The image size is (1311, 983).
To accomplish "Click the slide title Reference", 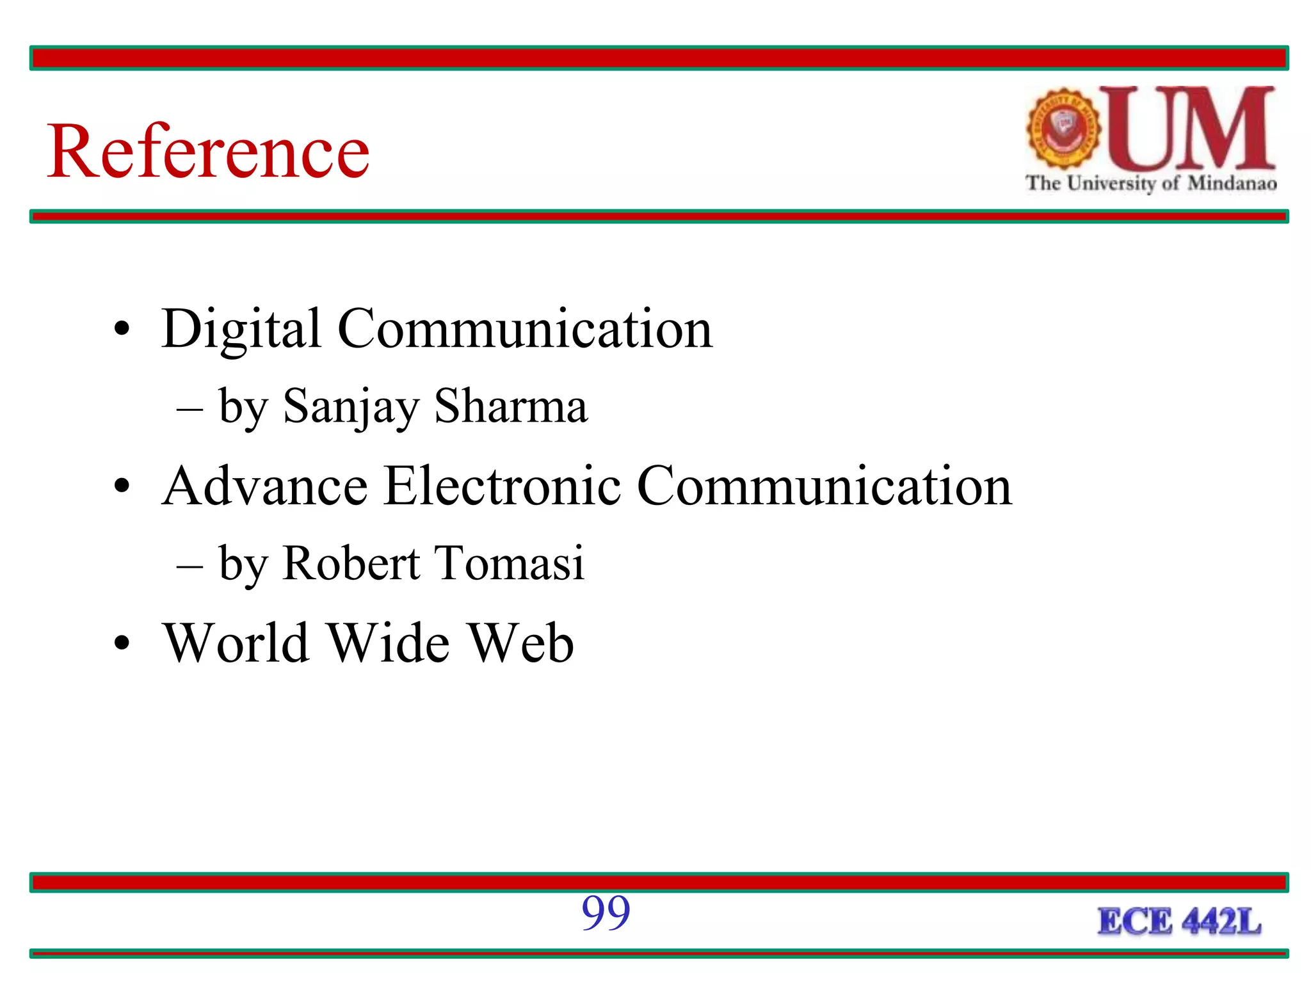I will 208,151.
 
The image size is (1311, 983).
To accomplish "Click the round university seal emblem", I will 1063,128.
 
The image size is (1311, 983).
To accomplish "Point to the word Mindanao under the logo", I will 1232,184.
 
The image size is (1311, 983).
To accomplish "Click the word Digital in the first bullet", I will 241,329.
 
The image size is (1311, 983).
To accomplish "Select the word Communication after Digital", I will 524,329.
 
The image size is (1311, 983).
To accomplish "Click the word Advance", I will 265,486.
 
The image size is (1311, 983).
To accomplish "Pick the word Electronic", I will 502,486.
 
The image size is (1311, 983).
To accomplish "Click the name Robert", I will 351,563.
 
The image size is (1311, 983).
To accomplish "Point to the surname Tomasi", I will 510,563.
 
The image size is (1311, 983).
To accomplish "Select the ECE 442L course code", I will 1179,922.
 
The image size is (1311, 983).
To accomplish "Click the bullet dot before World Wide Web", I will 122,643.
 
